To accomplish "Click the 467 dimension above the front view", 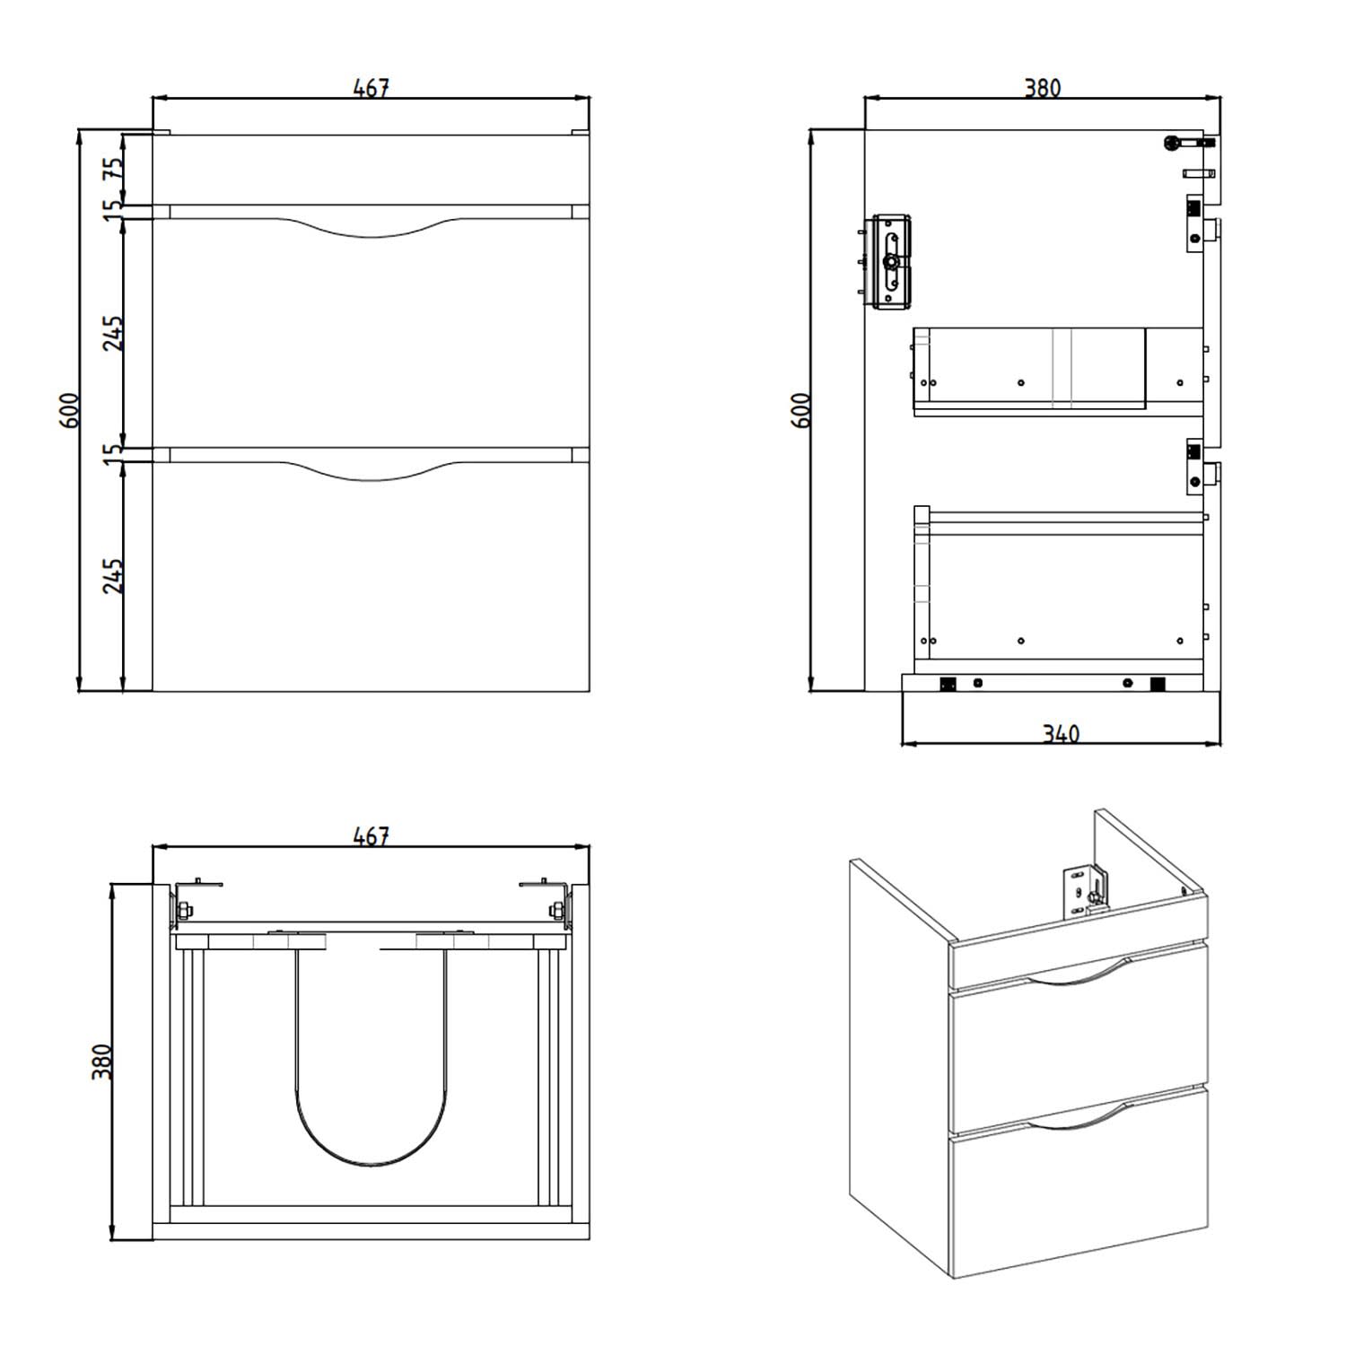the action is click(371, 88).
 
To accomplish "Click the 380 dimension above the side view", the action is click(1043, 88).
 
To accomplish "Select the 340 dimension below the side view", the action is click(1061, 734).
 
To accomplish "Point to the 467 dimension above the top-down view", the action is click(371, 836).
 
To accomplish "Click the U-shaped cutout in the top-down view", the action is click(371, 1165).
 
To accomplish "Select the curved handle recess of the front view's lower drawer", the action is click(371, 477).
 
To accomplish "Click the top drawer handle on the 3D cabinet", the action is click(1075, 978).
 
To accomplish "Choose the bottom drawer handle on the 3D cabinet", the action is click(1075, 1119).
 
